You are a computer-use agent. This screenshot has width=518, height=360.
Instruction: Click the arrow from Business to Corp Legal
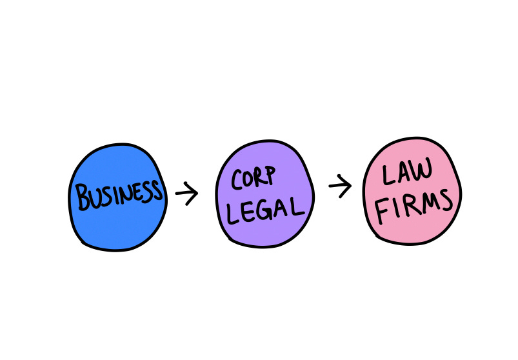click(186, 193)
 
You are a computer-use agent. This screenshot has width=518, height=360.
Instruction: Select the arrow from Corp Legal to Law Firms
click(340, 186)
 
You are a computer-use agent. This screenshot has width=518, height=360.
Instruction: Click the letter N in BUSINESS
click(126, 194)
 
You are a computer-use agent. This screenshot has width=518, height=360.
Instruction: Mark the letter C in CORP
click(236, 180)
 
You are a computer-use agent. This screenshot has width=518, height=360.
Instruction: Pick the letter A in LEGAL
click(281, 210)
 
